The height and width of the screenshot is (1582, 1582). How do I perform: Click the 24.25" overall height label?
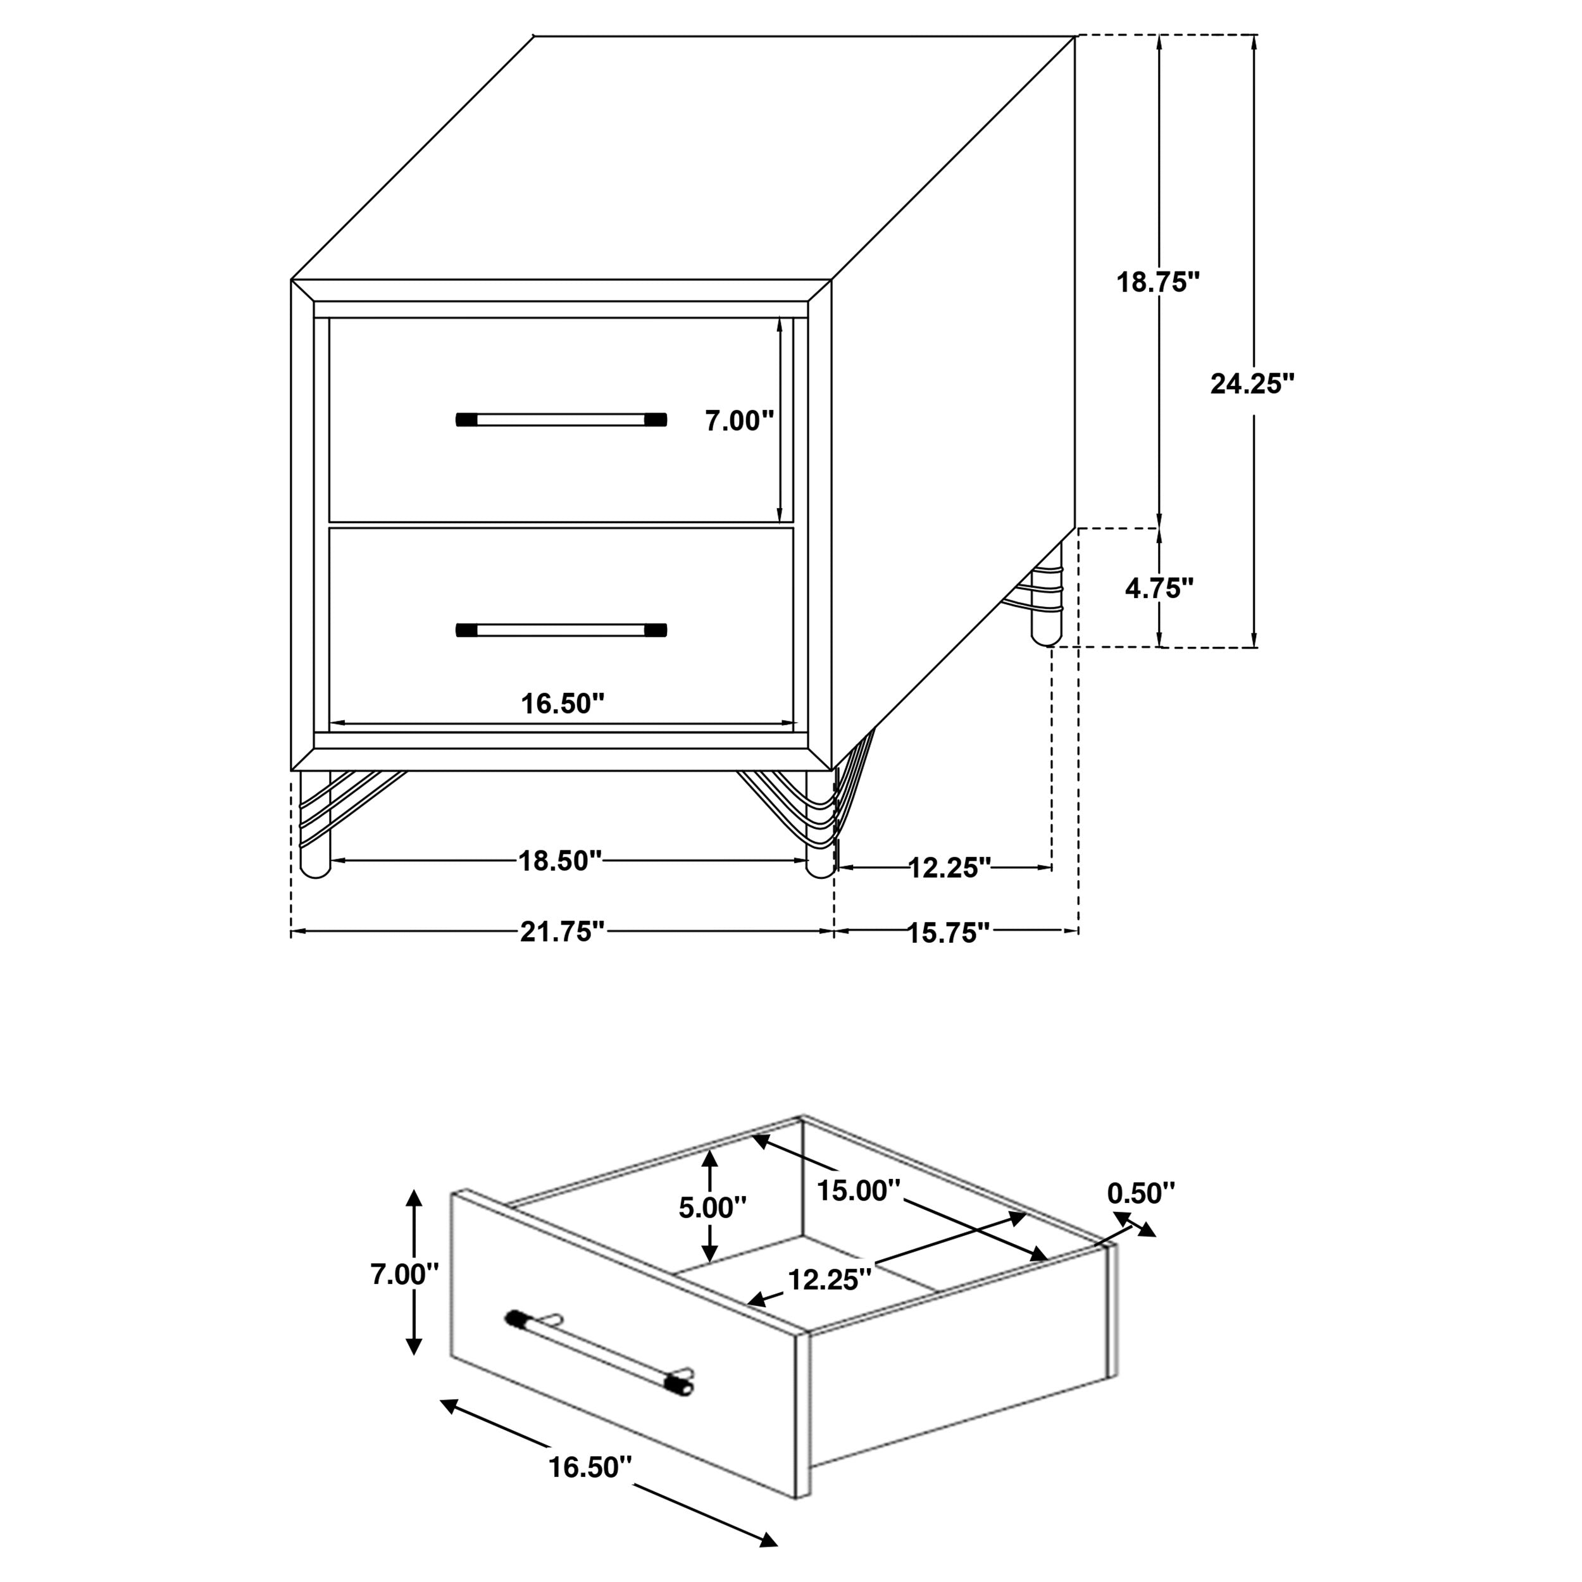point(1252,383)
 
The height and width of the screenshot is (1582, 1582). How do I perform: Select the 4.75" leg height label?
point(1159,588)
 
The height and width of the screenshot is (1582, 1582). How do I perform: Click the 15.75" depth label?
point(949,933)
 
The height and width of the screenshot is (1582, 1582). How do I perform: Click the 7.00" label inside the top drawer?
point(738,421)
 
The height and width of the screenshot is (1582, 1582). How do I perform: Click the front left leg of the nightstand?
point(315,827)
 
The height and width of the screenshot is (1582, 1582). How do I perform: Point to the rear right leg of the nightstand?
point(1045,598)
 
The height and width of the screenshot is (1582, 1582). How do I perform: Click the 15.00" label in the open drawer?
point(858,1190)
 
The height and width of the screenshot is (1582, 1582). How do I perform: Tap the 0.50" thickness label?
point(1141,1194)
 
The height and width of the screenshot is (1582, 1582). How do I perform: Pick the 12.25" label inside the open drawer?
point(830,1279)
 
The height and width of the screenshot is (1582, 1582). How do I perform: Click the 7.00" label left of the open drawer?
point(404,1274)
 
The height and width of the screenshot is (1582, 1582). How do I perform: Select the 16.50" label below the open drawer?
point(590,1468)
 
